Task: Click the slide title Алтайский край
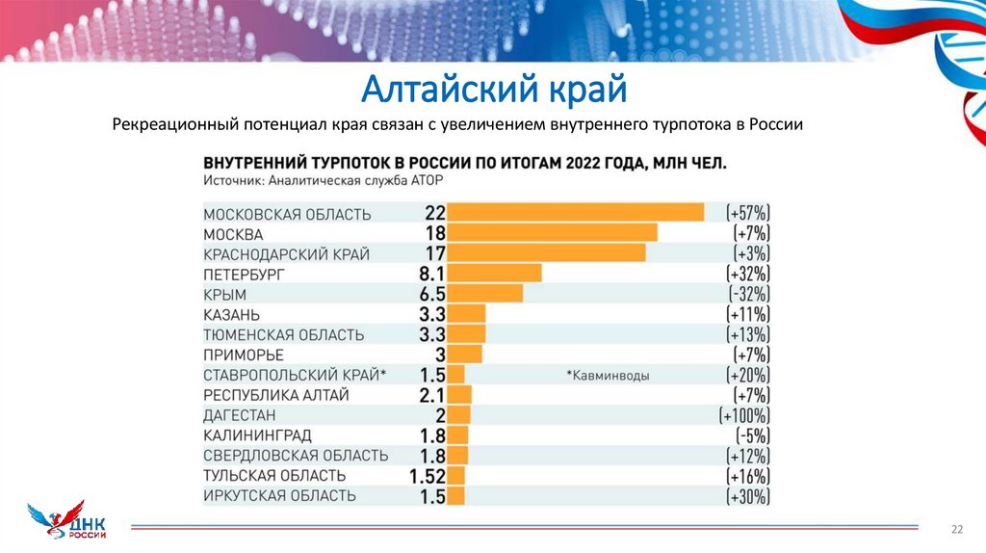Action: click(x=493, y=91)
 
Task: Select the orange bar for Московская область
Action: click(x=575, y=213)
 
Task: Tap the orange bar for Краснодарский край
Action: click(x=546, y=253)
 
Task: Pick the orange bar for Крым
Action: click(x=484, y=294)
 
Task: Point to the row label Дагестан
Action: click(x=240, y=415)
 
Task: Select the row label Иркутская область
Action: click(x=279, y=496)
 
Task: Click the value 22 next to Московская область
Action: click(x=432, y=213)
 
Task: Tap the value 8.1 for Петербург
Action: click(x=427, y=275)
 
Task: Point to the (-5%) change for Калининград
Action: click(x=751, y=435)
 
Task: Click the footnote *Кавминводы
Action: click(x=607, y=376)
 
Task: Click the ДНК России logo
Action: click(x=68, y=524)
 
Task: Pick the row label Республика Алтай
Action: click(x=275, y=395)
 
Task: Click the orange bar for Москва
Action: click(x=552, y=233)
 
